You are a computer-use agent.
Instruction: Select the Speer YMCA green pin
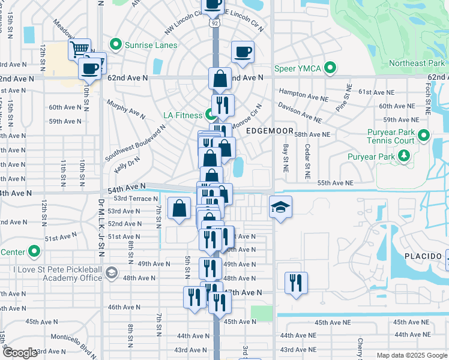tap(330, 68)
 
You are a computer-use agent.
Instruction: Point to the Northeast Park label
tap(417, 63)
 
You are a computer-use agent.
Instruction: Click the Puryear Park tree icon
tap(404, 157)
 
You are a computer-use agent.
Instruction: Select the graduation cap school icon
tap(280, 207)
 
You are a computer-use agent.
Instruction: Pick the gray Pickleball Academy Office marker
tap(110, 273)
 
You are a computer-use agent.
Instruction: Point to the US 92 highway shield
tap(214, 22)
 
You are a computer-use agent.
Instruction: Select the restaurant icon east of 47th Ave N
tap(296, 283)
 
